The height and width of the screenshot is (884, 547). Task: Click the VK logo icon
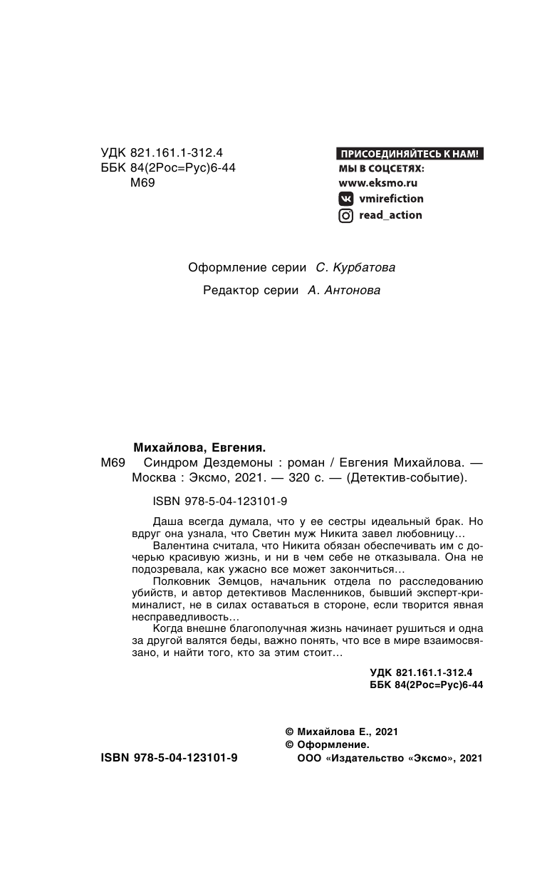point(345,199)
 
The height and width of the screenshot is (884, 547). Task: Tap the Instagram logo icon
point(345,215)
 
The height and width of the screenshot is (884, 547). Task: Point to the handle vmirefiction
point(391,199)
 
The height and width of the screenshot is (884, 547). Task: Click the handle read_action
point(390,215)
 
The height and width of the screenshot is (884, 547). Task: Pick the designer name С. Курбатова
point(355,268)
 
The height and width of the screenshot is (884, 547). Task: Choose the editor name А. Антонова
point(343,290)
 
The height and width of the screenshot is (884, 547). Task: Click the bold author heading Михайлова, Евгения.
point(199,448)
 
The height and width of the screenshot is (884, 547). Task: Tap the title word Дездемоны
point(223,463)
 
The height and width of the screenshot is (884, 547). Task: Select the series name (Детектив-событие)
point(406,478)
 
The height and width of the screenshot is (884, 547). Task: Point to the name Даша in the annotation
point(167,521)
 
